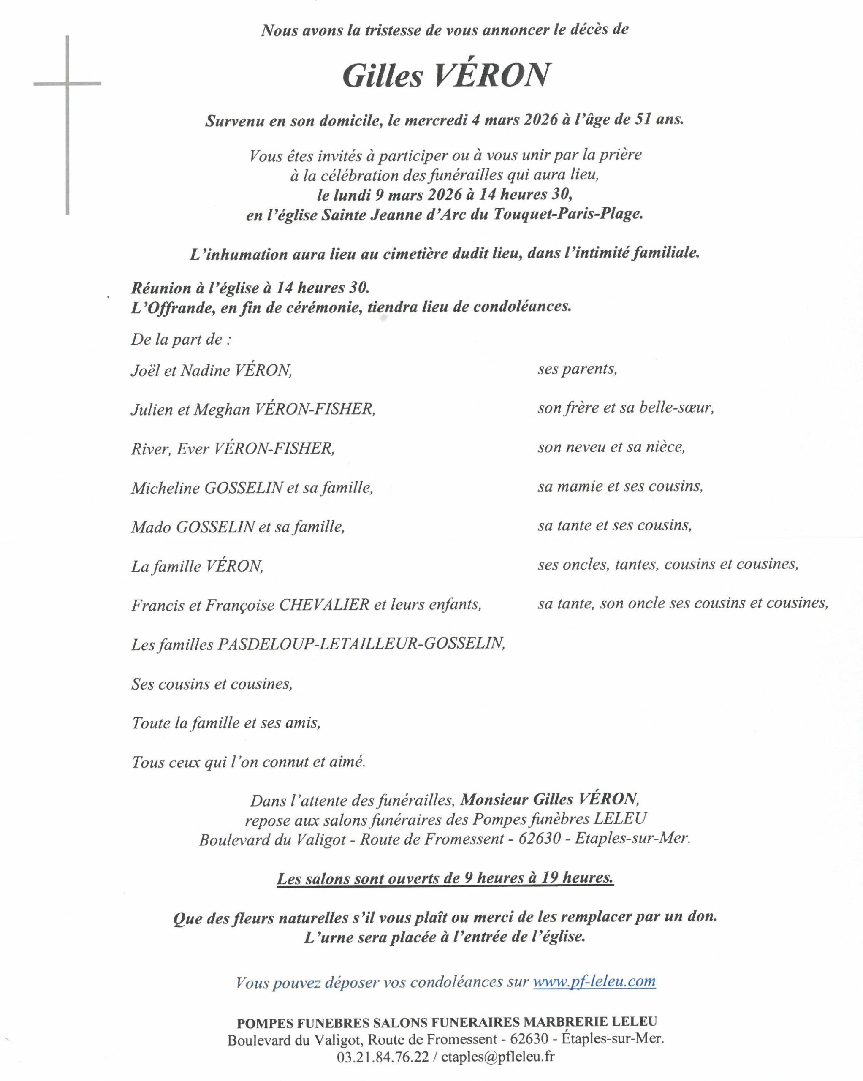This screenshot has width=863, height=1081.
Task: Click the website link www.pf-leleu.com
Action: click(x=594, y=981)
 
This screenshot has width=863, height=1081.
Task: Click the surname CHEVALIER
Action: click(x=324, y=605)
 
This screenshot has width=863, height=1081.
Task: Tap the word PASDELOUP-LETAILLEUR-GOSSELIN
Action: click(x=361, y=644)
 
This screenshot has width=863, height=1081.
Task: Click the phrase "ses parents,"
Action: click(x=577, y=369)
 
